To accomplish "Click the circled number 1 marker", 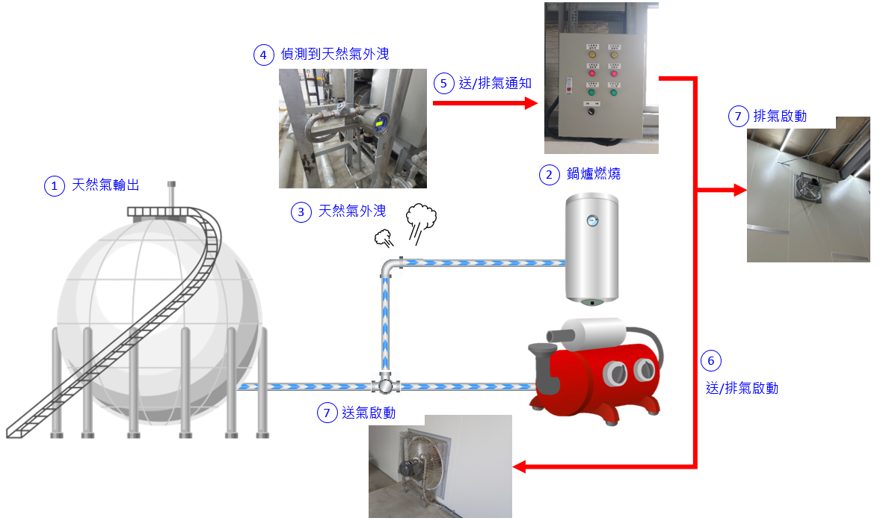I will point(55,185).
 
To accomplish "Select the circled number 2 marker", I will point(550,174).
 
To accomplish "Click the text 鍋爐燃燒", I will point(594,174).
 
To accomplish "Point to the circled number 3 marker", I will point(301,212).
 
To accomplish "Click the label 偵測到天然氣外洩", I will point(334,55).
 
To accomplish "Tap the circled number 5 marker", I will point(444,83).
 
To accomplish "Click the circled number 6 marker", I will point(710,362).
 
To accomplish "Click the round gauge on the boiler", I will point(592,221).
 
